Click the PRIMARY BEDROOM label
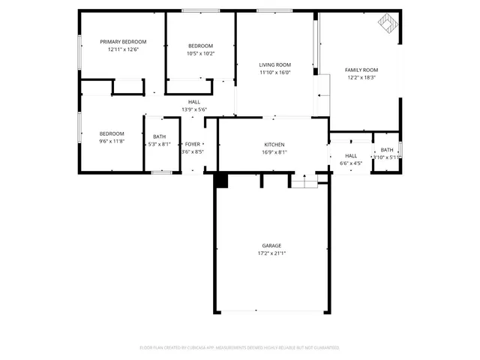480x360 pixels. (x=124, y=41)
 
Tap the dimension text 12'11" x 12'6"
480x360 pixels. (x=124, y=49)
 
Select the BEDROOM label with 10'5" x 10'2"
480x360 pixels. (x=200, y=46)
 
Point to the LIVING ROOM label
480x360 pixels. (x=274, y=65)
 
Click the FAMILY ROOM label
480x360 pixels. (x=361, y=70)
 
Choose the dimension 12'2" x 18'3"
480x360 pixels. (x=361, y=77)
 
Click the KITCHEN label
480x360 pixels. (x=274, y=145)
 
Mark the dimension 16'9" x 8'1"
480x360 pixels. (x=274, y=152)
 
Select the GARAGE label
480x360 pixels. (x=271, y=245)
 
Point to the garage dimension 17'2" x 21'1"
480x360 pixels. (x=271, y=253)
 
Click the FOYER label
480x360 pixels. (x=193, y=144)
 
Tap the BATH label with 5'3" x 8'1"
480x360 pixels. (x=160, y=136)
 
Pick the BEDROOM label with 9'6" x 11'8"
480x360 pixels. (x=112, y=133)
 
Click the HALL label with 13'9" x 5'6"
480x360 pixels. (x=194, y=102)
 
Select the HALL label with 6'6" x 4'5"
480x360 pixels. (x=351, y=155)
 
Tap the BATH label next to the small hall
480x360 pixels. (x=386, y=150)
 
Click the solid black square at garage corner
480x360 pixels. (x=220, y=181)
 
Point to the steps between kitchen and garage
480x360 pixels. (x=304, y=181)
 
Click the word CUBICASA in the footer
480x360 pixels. (x=193, y=348)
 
